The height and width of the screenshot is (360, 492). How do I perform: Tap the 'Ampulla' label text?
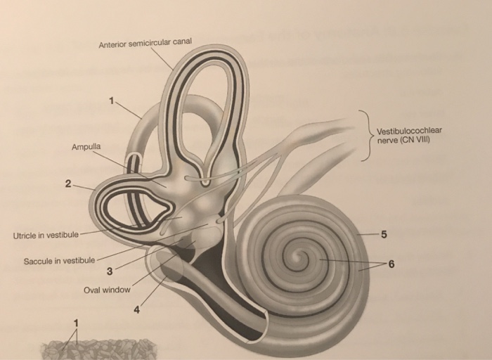coord(86,146)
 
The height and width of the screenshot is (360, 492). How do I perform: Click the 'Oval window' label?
coord(107,290)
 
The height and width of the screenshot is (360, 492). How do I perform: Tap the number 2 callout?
coord(67,184)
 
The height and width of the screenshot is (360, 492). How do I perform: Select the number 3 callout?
coord(109,271)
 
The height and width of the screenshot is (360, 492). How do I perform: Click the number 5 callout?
coord(383,233)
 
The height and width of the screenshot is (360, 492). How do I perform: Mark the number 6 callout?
coord(391,263)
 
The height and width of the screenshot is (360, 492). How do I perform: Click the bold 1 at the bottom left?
coord(75,323)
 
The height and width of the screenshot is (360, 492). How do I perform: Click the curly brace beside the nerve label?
coord(365,135)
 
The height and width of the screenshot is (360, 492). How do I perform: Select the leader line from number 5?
coord(367,233)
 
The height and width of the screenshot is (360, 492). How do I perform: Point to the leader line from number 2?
coord(83,188)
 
